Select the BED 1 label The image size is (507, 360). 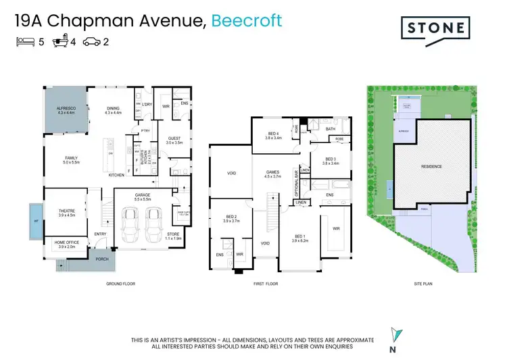point(300,236)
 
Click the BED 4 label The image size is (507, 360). point(273,134)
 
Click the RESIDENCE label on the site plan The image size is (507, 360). point(431,166)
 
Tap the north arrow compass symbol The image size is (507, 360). point(394,334)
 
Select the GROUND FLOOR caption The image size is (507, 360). point(120,284)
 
